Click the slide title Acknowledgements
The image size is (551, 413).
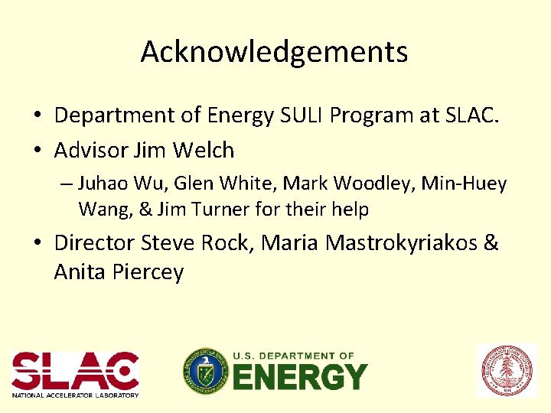(274, 52)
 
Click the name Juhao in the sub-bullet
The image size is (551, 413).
(100, 184)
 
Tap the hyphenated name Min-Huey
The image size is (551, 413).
(469, 184)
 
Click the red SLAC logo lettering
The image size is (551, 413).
(75, 370)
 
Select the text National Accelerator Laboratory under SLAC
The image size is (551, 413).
(75, 395)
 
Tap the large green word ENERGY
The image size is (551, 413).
(299, 377)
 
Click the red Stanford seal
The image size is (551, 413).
(507, 370)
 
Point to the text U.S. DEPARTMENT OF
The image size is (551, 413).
(293, 356)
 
